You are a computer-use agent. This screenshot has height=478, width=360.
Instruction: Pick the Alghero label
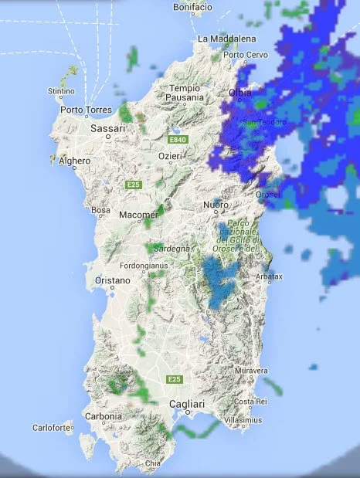tap(75, 161)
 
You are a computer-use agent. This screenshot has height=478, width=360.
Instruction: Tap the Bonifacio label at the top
tap(193, 7)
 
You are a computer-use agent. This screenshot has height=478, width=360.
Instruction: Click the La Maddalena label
tap(226, 38)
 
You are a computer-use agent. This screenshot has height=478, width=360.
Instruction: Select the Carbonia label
tap(104, 416)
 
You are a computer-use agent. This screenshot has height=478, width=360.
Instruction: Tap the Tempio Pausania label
tap(185, 93)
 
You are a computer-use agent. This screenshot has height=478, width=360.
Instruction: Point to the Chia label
tap(154, 463)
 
